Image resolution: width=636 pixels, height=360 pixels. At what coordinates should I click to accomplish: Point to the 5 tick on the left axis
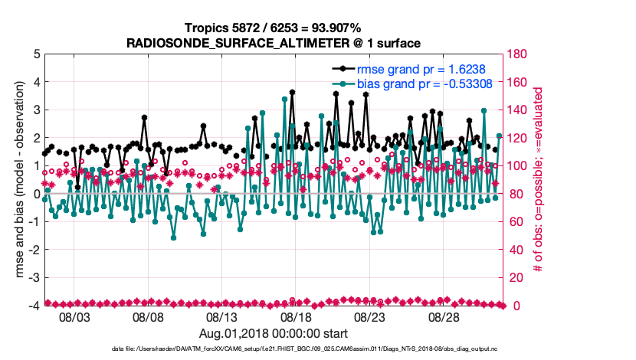[35, 54]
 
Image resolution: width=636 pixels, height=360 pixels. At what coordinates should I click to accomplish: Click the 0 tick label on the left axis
[35, 194]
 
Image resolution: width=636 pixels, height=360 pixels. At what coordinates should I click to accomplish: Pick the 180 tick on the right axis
[517, 54]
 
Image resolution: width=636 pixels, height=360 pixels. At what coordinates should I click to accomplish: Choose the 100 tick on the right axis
[517, 166]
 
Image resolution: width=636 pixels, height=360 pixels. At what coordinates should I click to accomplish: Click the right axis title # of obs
[539, 180]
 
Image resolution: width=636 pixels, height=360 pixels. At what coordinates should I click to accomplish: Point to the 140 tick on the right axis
[517, 110]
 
